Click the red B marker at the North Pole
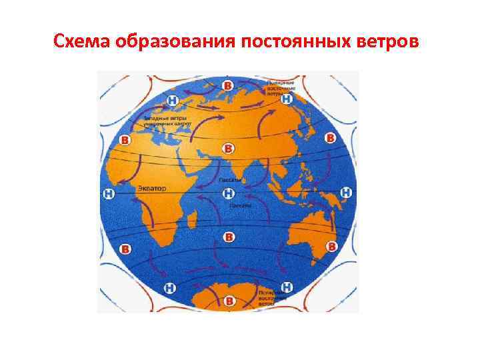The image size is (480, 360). coord(228,86)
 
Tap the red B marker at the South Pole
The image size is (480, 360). coord(229,302)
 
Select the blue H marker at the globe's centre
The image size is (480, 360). coord(228,193)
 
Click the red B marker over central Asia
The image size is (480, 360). coord(229,147)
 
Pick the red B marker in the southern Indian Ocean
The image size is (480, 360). coord(229,237)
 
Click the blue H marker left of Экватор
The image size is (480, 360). coord(109,193)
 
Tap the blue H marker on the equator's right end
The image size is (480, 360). coord(345,193)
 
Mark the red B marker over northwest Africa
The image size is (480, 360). coord(124,140)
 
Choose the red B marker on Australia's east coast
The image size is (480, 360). coord(330,247)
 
